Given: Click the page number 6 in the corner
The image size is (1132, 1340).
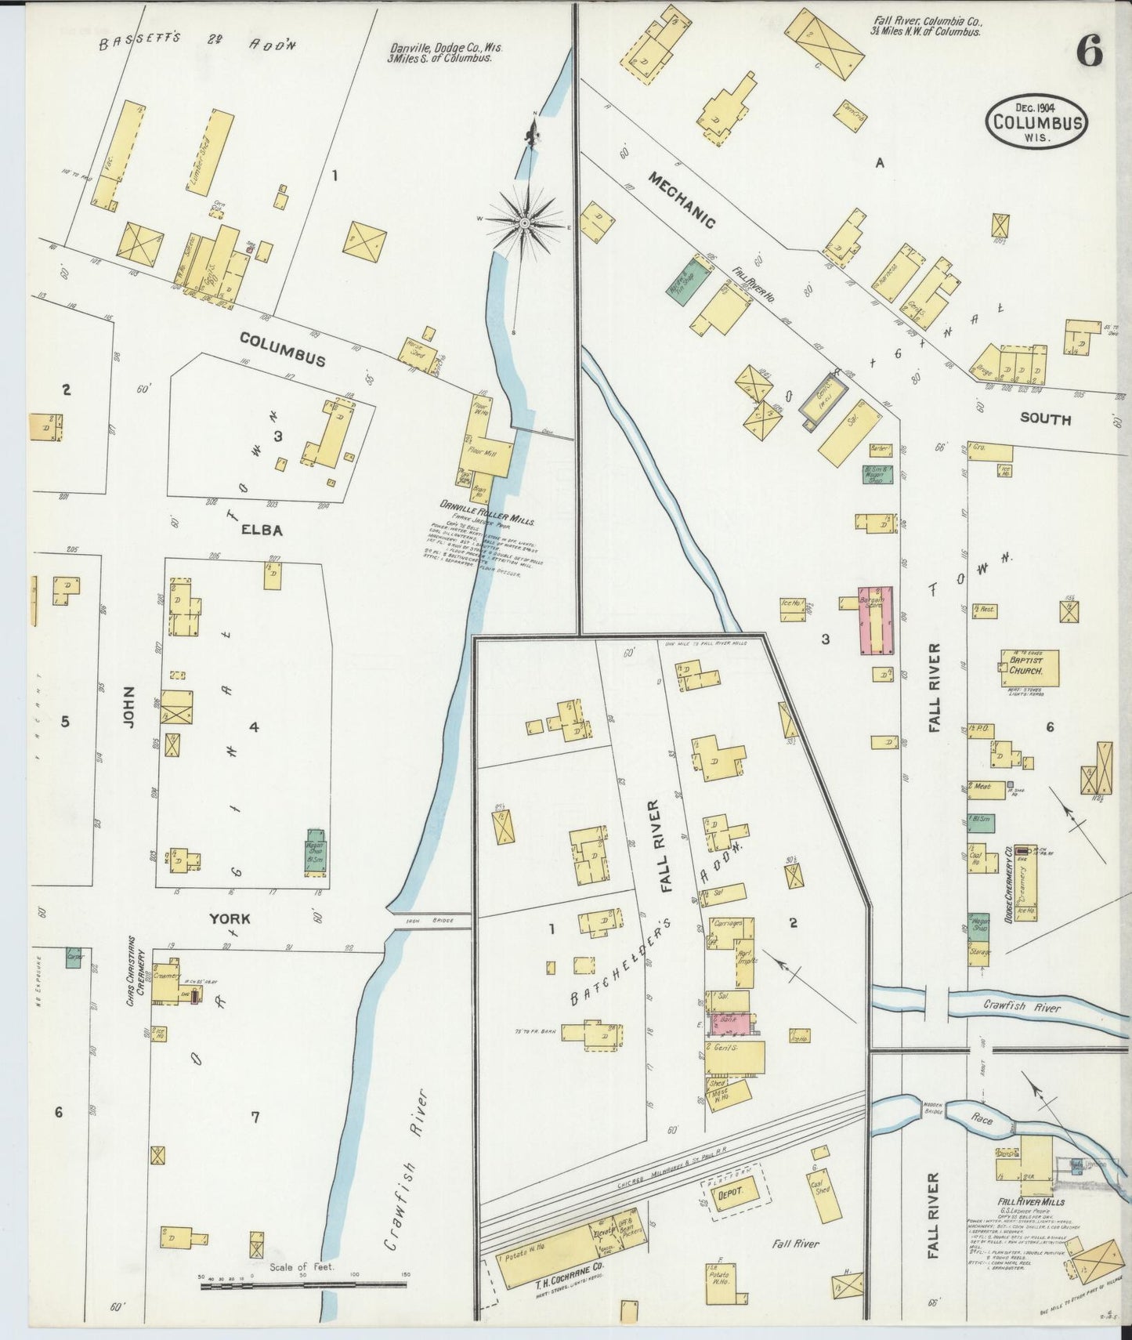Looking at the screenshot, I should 1090,53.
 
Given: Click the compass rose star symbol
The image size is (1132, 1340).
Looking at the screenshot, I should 524,223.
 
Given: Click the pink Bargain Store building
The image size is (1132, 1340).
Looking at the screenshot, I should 877,619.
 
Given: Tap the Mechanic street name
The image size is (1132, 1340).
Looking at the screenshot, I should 681,201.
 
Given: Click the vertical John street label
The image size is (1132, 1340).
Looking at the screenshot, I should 129,708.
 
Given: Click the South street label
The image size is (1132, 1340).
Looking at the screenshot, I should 1045,419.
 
